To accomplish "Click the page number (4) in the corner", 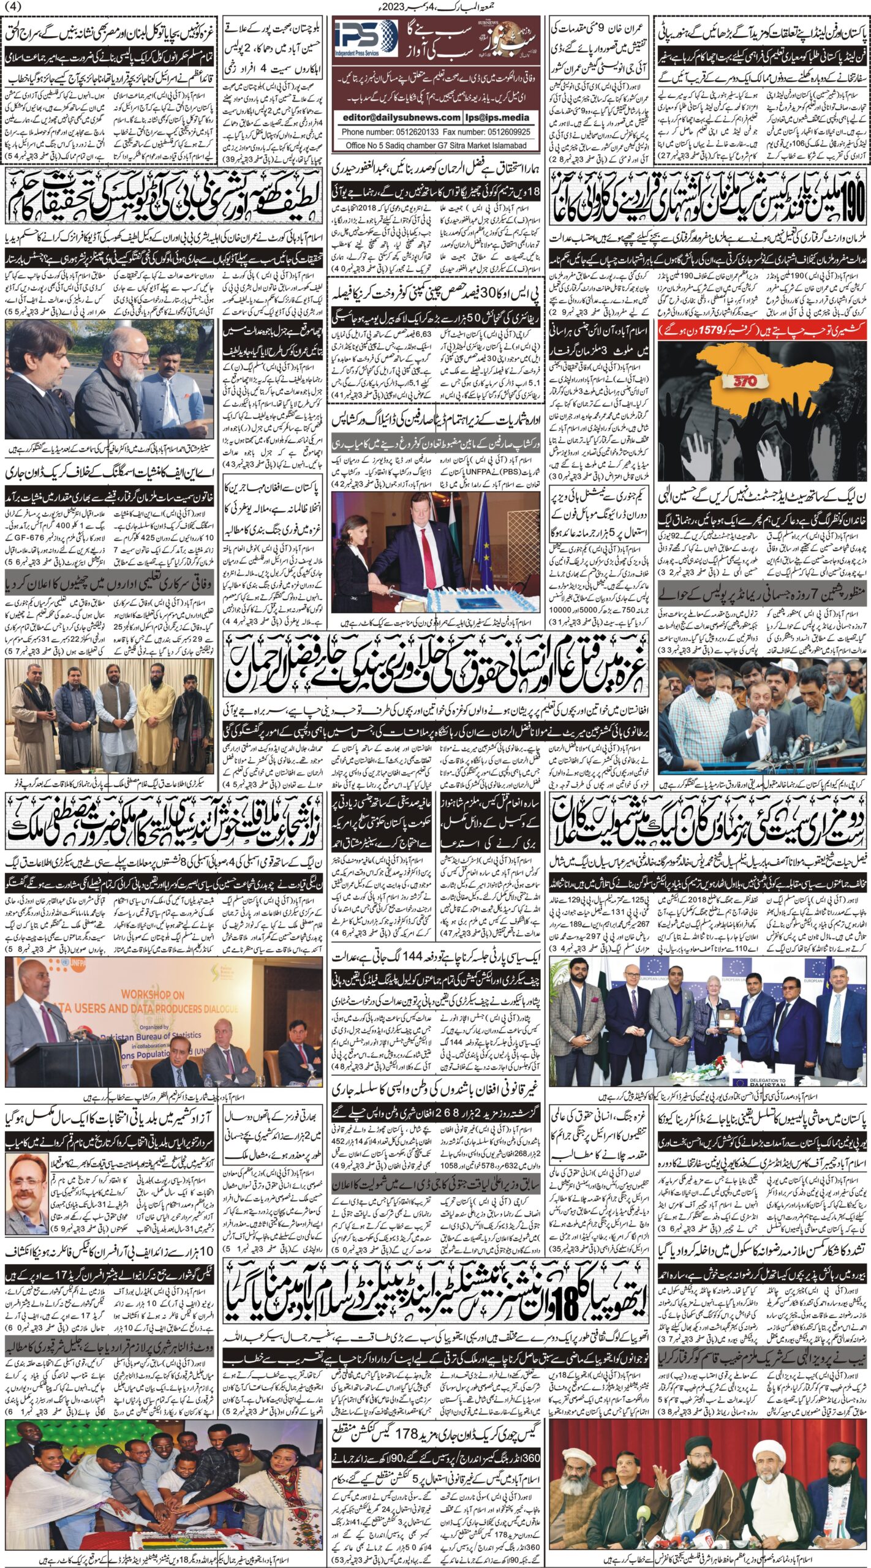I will [x=13, y=7].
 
